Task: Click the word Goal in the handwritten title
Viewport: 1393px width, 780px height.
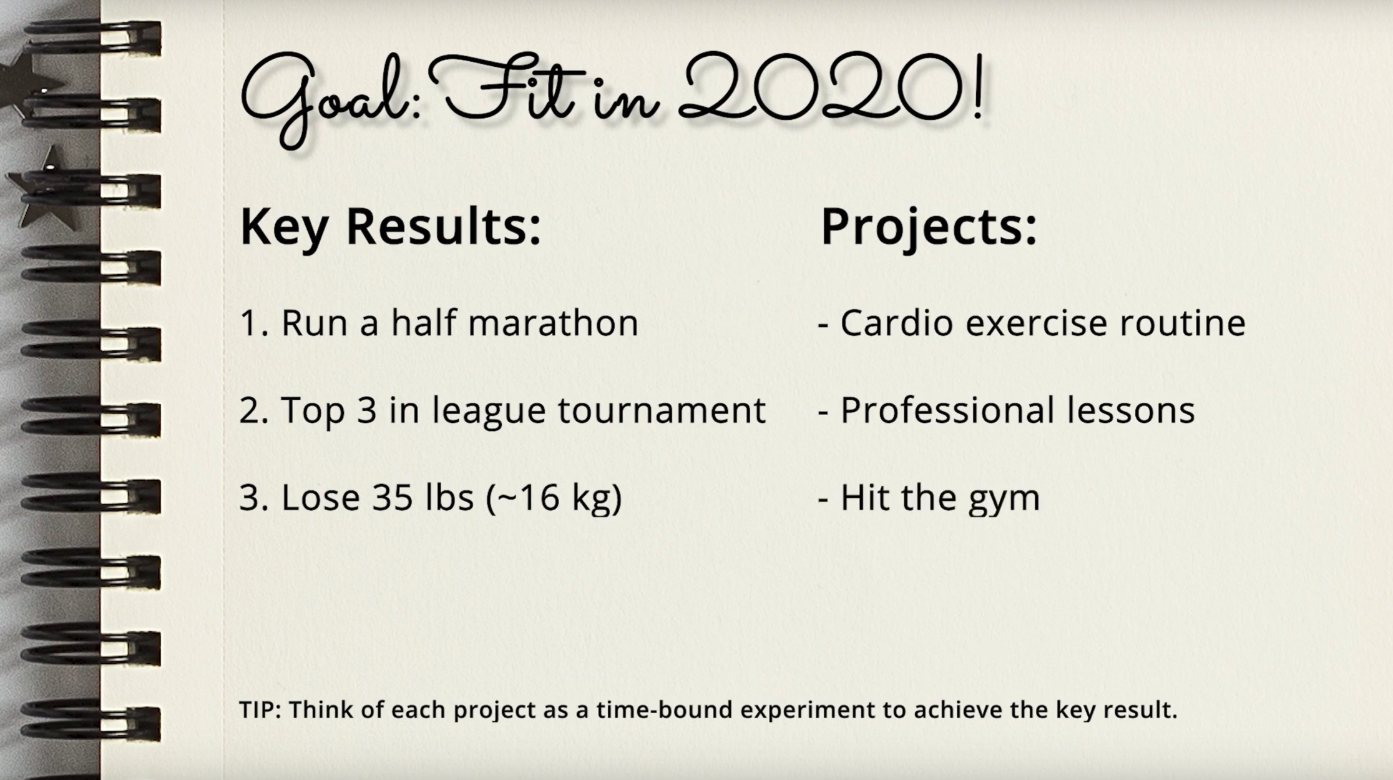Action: coord(325,100)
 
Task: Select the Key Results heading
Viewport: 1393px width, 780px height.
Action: coord(391,226)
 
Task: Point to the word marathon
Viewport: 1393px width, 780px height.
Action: coord(553,323)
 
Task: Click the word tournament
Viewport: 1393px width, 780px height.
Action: coord(662,410)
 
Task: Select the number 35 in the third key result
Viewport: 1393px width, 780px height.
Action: coord(393,498)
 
